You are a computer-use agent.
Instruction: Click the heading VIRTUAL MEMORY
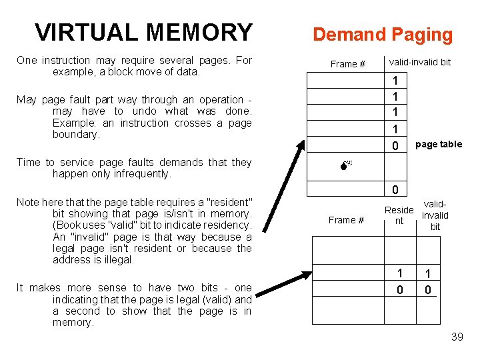click(x=143, y=33)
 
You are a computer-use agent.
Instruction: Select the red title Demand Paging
click(x=383, y=35)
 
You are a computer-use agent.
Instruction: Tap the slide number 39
click(x=457, y=337)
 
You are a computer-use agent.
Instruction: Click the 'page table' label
click(x=438, y=144)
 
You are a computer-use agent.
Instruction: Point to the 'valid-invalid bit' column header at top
click(x=419, y=62)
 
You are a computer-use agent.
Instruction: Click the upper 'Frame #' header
click(x=347, y=64)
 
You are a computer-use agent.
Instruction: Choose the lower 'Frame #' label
click(x=347, y=220)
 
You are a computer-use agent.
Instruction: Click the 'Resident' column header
click(x=399, y=215)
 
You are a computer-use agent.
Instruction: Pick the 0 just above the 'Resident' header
click(x=395, y=191)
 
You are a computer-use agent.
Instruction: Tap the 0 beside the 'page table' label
click(x=395, y=145)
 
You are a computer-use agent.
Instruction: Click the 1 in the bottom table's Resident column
click(x=400, y=273)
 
